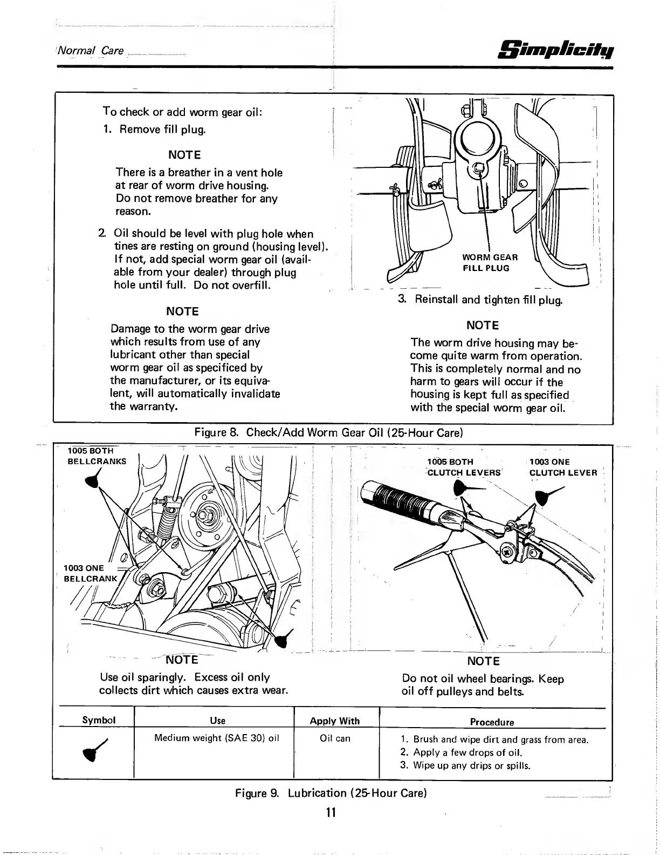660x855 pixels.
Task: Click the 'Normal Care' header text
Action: coord(91,51)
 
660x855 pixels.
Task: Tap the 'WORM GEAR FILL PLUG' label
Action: coord(490,262)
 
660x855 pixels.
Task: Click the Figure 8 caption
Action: coord(329,433)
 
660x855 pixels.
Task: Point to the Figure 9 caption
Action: coord(331,793)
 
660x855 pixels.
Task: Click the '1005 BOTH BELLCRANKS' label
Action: coord(97,456)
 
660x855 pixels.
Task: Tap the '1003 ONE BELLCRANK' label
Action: coord(90,573)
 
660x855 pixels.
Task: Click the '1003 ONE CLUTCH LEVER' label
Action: coord(563,467)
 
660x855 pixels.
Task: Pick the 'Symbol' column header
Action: coord(99,720)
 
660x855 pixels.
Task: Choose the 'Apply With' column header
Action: coord(334,721)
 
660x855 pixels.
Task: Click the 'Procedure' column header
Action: coord(492,722)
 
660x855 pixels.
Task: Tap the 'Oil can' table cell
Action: coord(335,738)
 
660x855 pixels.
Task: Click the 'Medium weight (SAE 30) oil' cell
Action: coord(216,738)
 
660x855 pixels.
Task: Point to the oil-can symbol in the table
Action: coord(99,751)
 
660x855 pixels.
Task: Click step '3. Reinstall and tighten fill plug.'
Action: coord(480,300)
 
